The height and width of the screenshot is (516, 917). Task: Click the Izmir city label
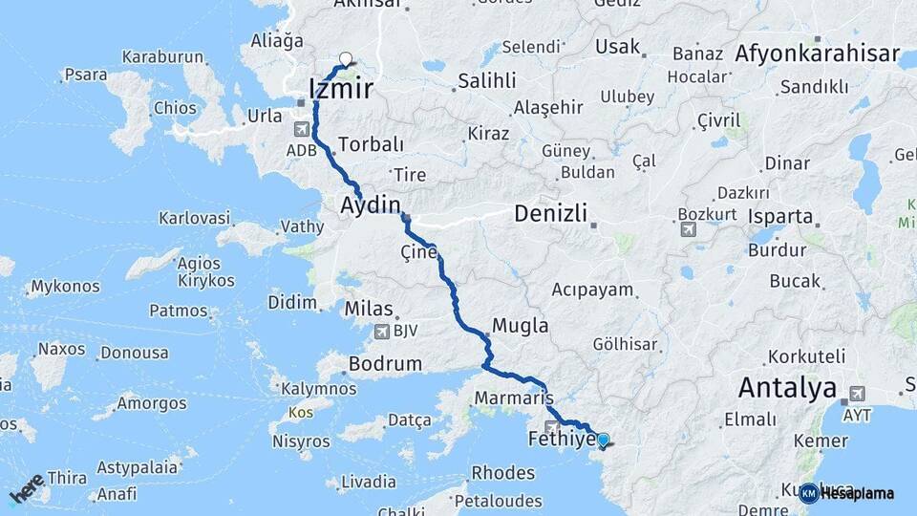340,90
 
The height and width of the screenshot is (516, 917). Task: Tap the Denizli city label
550,213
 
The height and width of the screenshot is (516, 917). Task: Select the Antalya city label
786,389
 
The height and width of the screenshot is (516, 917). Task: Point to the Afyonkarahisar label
817,54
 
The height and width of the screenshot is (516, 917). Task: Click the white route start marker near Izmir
345,58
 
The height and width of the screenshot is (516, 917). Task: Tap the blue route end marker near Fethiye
603,441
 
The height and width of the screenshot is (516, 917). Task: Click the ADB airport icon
303,129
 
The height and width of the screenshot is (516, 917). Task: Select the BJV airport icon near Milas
383,331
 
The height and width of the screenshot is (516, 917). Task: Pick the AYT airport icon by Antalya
857,394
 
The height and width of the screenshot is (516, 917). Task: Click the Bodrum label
385,363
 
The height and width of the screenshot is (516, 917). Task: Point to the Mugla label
520,326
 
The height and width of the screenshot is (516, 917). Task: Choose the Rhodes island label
503,473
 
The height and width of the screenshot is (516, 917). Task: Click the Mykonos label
65,286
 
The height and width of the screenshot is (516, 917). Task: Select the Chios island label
174,108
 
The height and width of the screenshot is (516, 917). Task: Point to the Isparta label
780,216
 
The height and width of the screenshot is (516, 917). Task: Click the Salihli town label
486,81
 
